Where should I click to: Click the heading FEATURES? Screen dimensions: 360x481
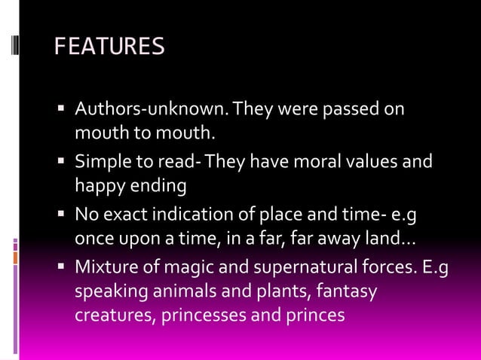[x=109, y=47]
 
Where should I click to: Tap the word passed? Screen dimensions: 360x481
[x=352, y=110]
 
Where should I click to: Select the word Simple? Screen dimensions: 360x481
[x=102, y=162]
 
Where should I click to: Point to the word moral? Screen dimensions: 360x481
[x=316, y=162]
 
